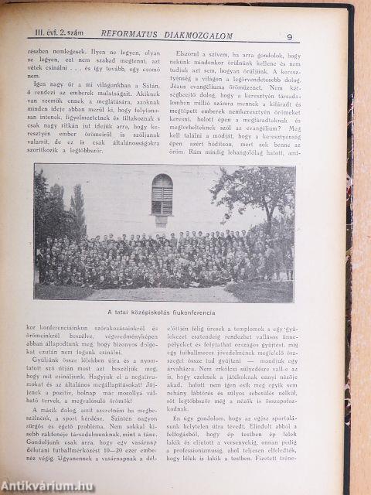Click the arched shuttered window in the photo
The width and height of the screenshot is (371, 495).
pyautogui.click(x=162, y=194)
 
